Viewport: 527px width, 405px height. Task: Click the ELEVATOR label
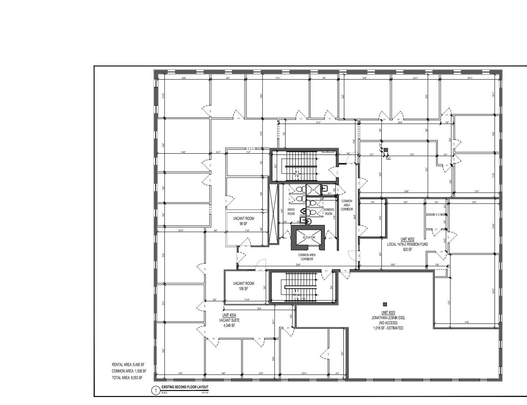[309, 237]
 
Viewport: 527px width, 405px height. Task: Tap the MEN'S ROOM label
[291, 212]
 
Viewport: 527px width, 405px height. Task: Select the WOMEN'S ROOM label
[329, 212]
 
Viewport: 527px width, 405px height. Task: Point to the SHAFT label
[313, 190]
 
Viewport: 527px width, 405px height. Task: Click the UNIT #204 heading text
[229, 315]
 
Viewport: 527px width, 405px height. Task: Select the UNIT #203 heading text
[388, 313]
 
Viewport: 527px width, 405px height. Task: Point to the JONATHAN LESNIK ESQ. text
[388, 318]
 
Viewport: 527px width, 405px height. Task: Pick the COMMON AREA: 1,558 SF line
[129, 371]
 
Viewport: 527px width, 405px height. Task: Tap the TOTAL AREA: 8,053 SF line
[127, 377]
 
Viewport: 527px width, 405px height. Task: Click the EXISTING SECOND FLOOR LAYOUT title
[185, 387]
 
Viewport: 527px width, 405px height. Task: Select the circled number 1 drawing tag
[156, 391]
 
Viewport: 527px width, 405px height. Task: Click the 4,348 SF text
[229, 325]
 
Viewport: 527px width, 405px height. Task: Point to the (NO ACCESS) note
[388, 323]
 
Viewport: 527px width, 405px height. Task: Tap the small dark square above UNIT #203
[385, 304]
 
